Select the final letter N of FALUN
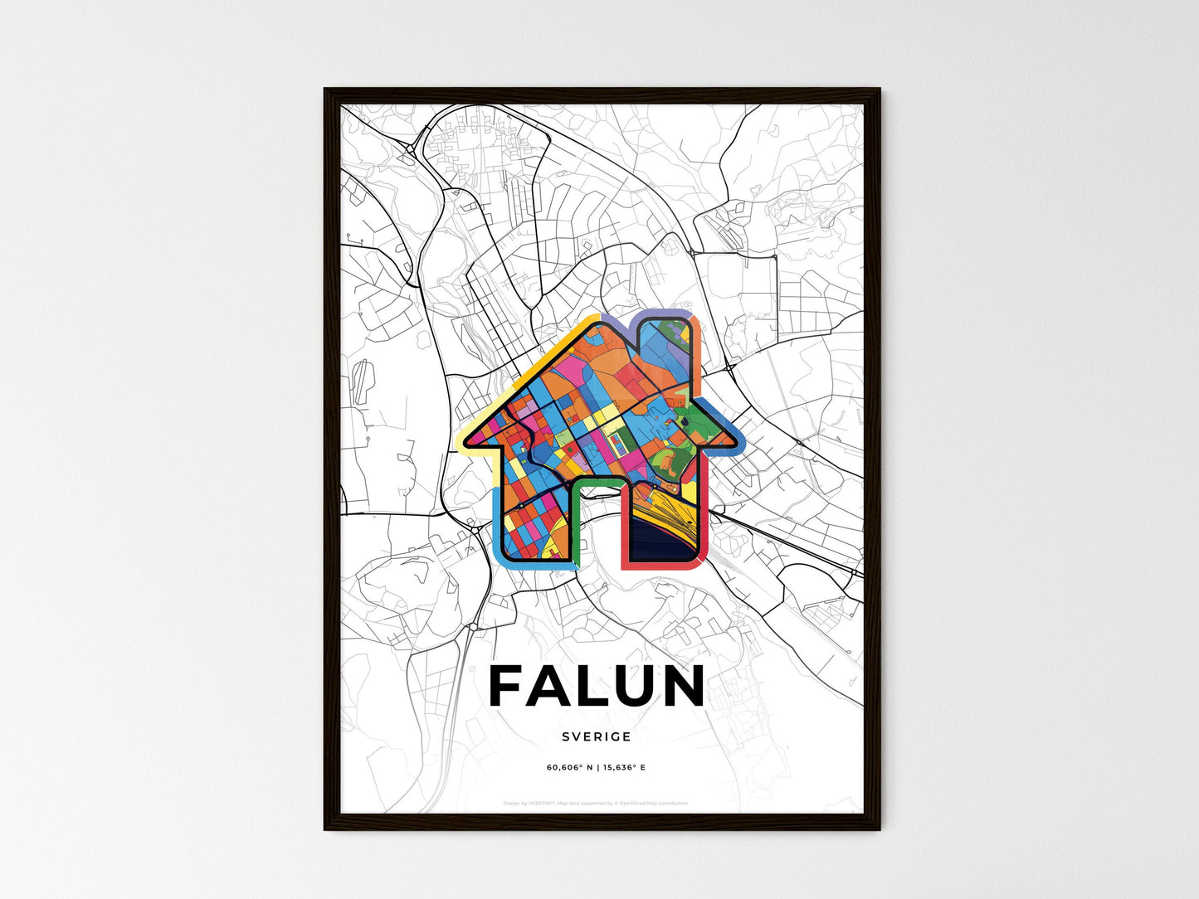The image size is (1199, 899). tap(683, 687)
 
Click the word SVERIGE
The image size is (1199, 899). tap(596, 736)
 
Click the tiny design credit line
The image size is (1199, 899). tap(596, 803)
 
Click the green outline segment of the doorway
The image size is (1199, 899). tap(596, 481)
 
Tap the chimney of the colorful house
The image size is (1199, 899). tap(664, 340)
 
